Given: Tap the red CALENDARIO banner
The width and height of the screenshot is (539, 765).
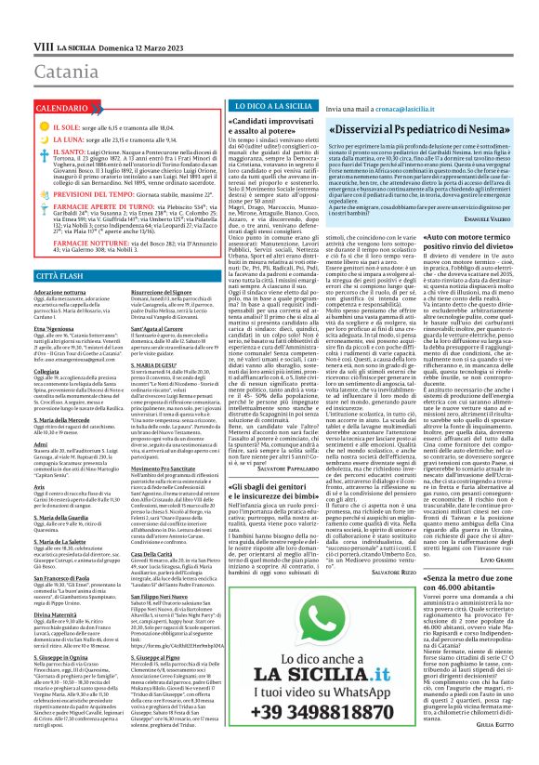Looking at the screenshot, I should [46, 83].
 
